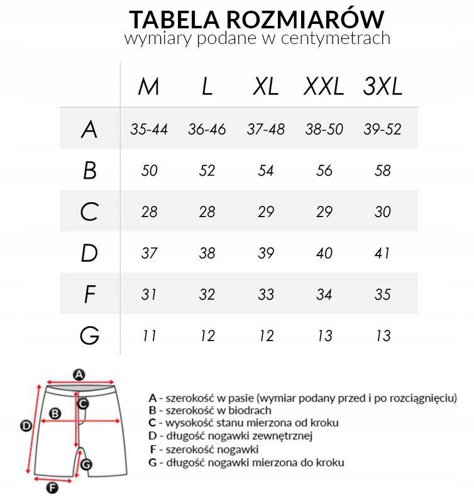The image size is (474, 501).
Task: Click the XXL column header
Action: pyautogui.click(x=324, y=87)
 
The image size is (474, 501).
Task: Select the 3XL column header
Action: pyautogui.click(x=382, y=87)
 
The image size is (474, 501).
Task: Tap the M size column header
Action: pyautogui.click(x=149, y=87)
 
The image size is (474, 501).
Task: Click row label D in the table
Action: pyautogui.click(x=89, y=253)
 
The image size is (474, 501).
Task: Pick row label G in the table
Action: pyautogui.click(x=89, y=335)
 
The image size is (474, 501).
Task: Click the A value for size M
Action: pyautogui.click(x=149, y=129)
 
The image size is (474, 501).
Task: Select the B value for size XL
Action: pyautogui.click(x=266, y=171)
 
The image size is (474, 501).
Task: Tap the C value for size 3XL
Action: pyautogui.click(x=382, y=212)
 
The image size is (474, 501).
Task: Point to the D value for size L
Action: pyautogui.click(x=207, y=253)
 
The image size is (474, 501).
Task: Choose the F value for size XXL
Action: pyautogui.click(x=324, y=295)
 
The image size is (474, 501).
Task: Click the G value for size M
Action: pyautogui.click(x=149, y=335)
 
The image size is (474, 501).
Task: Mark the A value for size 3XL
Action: pyautogui.click(x=382, y=129)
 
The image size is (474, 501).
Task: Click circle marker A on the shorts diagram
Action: pyautogui.click(x=79, y=375)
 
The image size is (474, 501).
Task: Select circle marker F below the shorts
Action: pyautogui.click(x=52, y=487)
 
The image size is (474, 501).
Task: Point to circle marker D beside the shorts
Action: pyautogui.click(x=26, y=426)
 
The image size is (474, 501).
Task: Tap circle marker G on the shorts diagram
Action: pyautogui.click(x=87, y=464)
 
